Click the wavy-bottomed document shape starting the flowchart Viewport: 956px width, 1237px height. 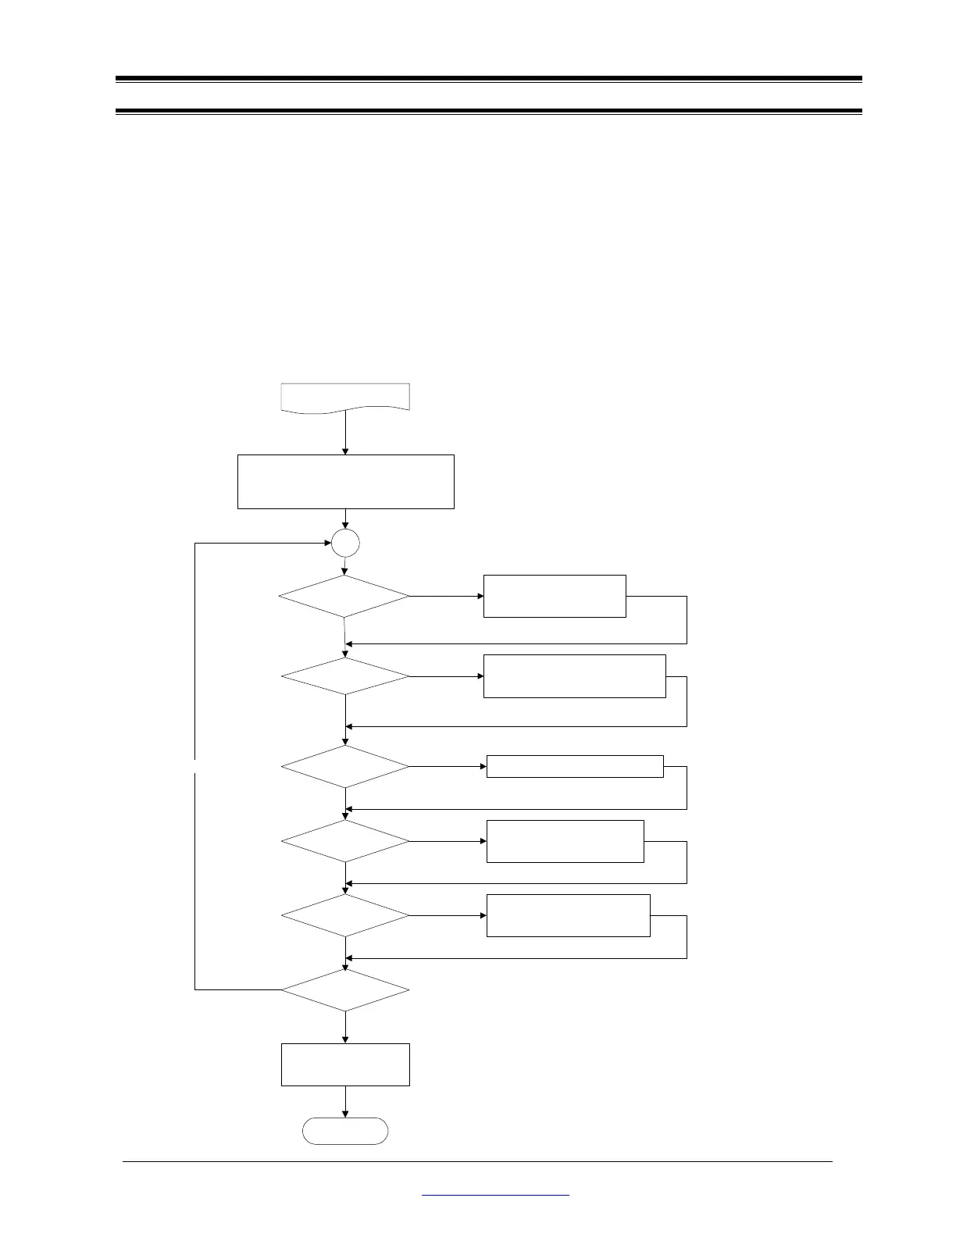[x=345, y=396]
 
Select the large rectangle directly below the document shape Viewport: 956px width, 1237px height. [x=345, y=482]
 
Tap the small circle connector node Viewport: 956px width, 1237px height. [x=345, y=543]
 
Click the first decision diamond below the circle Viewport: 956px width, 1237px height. [x=344, y=597]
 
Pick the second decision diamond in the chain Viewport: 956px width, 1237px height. [x=345, y=676]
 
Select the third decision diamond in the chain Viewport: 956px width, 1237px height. [x=345, y=766]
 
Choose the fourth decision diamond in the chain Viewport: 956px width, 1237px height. [x=345, y=841]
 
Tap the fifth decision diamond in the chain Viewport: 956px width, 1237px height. [x=345, y=914]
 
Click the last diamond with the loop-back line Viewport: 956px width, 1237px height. [x=345, y=990]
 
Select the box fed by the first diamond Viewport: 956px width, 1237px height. [x=555, y=596]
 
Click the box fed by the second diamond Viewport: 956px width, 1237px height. [x=575, y=676]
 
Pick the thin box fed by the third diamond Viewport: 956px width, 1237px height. [x=575, y=766]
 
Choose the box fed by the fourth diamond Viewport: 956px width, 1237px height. [x=565, y=841]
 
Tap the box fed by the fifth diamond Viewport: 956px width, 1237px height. [x=569, y=915]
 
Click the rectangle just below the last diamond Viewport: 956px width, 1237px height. [x=345, y=1064]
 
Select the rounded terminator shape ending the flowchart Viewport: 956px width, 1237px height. [x=345, y=1131]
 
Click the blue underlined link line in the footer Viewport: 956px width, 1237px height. [x=495, y=1195]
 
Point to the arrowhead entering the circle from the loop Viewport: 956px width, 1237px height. [x=326, y=543]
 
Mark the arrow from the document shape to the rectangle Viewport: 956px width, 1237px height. [x=345, y=433]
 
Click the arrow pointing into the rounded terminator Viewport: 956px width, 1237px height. [x=345, y=1103]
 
